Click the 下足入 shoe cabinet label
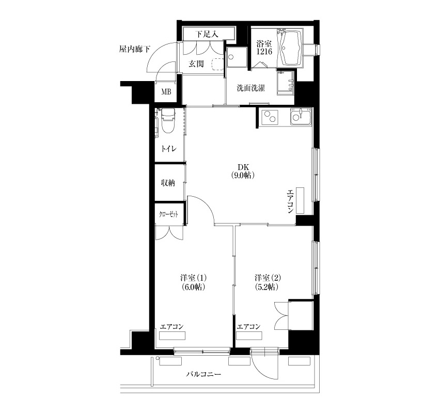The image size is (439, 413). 207,35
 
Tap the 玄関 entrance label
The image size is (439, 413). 196,64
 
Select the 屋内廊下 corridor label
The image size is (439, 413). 135,50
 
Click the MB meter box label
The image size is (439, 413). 166,91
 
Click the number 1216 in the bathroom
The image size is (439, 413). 264,52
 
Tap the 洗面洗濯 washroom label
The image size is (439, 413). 251,88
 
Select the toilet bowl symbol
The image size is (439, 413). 167,121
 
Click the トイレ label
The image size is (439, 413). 168,149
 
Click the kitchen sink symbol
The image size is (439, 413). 301,117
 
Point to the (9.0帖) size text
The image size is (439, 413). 243,176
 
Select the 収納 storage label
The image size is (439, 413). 168,183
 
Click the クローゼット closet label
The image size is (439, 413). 168,215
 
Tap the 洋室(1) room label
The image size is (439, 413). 194,278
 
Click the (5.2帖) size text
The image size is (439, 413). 266,287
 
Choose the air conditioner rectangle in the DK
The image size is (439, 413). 300,200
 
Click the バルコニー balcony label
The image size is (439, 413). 203,374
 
